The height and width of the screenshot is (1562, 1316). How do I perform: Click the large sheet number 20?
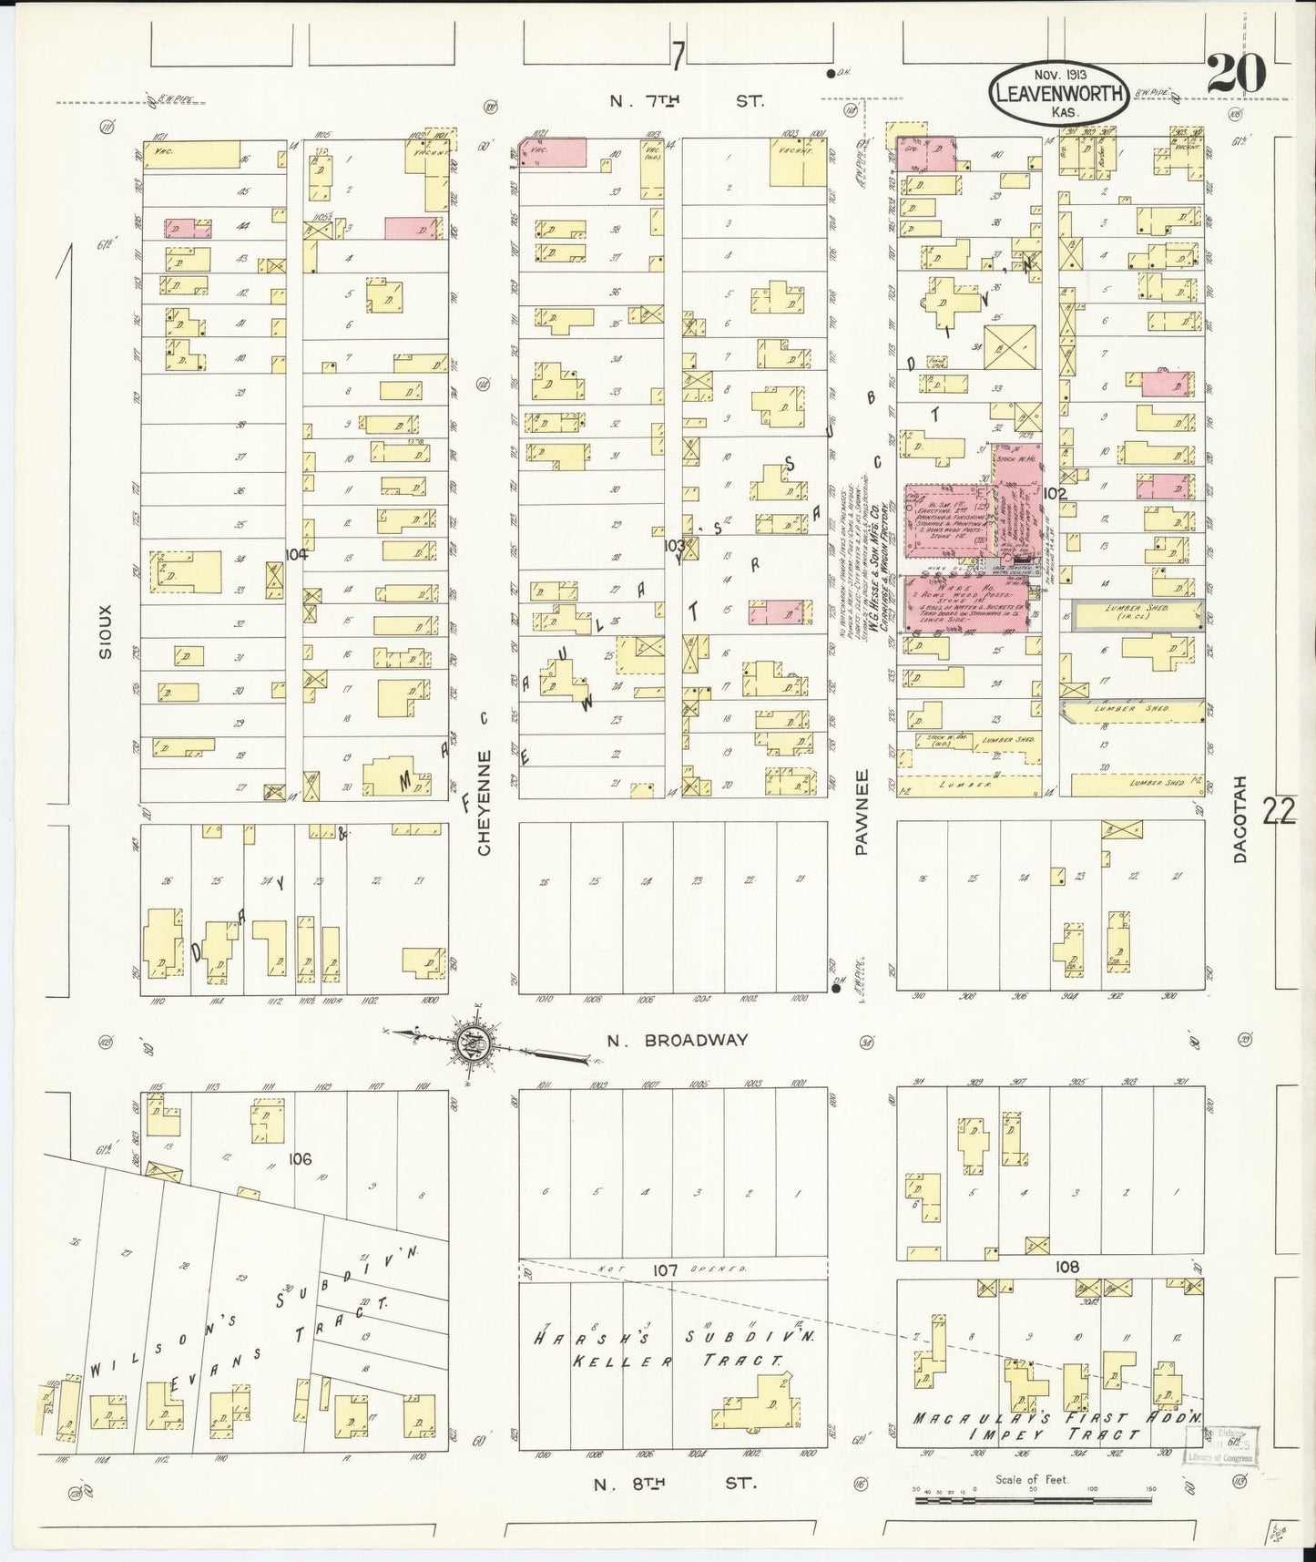click(1236, 73)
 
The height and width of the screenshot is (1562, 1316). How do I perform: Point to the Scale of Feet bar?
click(1034, 1498)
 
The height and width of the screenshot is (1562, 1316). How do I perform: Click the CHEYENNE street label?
click(485, 802)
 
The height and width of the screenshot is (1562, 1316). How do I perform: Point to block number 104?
click(296, 554)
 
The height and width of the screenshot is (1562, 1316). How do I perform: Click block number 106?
click(300, 1159)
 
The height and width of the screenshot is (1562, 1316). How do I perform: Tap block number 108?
click(1066, 1268)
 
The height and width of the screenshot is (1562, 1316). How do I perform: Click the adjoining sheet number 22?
click(1279, 810)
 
